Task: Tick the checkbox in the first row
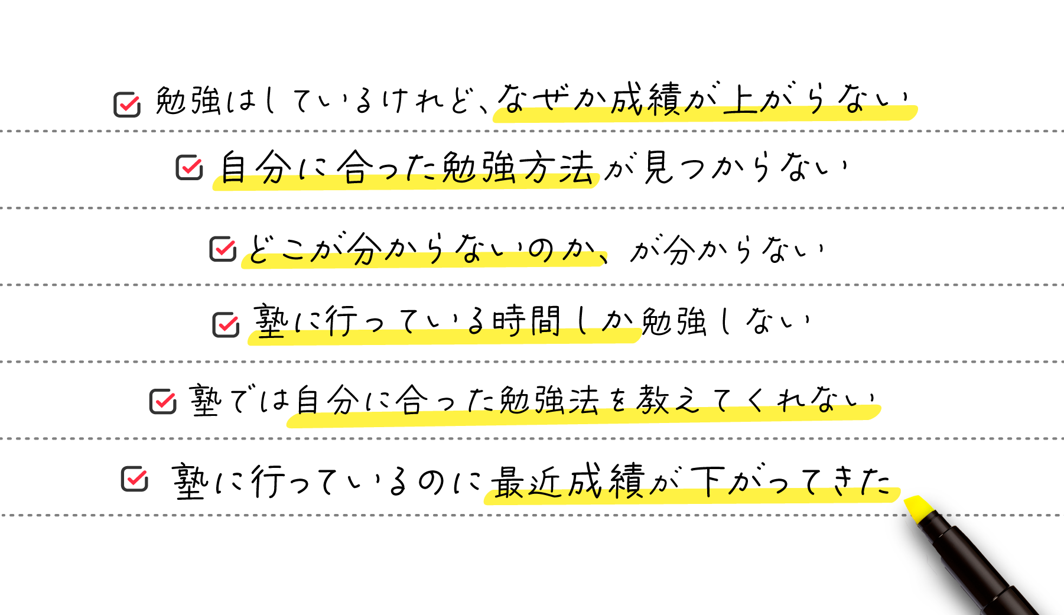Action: coord(127,105)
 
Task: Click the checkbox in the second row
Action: coord(189,167)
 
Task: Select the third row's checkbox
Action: coord(223,249)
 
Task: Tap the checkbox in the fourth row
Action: coord(226,324)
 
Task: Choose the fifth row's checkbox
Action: coord(162,402)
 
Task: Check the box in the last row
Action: coord(134,479)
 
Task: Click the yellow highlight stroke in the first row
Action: coord(703,115)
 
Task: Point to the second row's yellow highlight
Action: coord(405,182)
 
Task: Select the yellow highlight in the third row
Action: coord(423,260)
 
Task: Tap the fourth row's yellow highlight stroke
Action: coord(444,337)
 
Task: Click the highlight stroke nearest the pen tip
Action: coord(691,496)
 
